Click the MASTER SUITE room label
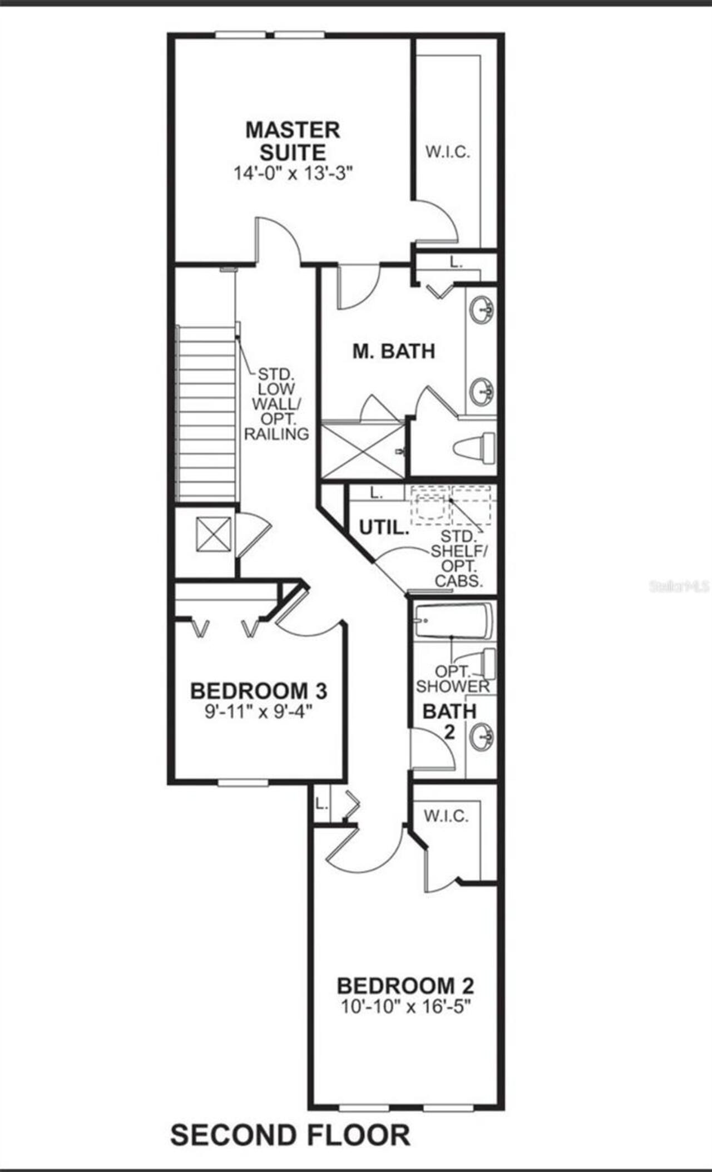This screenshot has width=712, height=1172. pyautogui.click(x=293, y=141)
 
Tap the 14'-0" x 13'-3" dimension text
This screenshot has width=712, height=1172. pyautogui.click(x=294, y=174)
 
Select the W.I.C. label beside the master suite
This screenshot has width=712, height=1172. pyautogui.click(x=448, y=152)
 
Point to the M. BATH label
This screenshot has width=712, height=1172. pyautogui.click(x=394, y=351)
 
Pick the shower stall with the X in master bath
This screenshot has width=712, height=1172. pyautogui.click(x=363, y=451)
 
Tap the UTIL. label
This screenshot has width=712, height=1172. pyautogui.click(x=384, y=527)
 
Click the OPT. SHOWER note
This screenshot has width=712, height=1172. pyautogui.click(x=453, y=679)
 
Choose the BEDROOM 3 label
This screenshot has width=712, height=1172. pyautogui.click(x=259, y=691)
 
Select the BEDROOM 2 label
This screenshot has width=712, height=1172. pyautogui.click(x=406, y=986)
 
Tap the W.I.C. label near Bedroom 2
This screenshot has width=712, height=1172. pyautogui.click(x=446, y=816)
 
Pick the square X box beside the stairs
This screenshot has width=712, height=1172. pyautogui.click(x=213, y=534)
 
